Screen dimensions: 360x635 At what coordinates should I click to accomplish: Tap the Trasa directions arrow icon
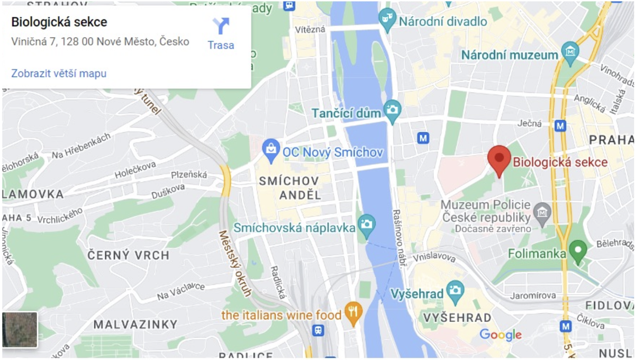tap(221, 26)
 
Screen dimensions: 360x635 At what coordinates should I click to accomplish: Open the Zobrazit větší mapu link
tap(59, 73)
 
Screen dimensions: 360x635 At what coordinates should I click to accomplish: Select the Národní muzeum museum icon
tap(570, 53)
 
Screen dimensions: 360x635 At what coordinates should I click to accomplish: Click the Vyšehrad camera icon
tap(455, 290)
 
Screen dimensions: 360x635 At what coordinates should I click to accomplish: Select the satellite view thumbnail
tap(20, 329)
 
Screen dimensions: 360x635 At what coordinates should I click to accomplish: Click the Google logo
tap(500, 335)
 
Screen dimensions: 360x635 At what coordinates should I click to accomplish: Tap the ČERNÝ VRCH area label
tap(128, 255)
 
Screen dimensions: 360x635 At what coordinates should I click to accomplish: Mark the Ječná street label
tap(530, 123)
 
